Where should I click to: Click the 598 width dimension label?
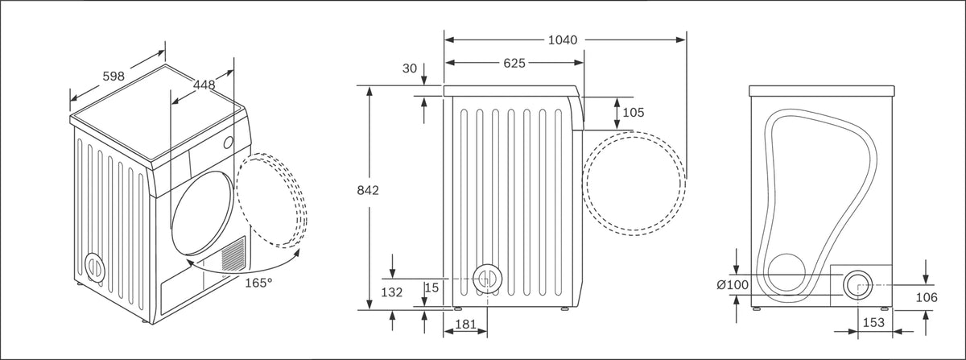[x=114, y=77]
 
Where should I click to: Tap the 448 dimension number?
[x=204, y=85]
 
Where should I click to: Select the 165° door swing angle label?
[x=258, y=283]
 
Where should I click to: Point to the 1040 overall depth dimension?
[x=563, y=40]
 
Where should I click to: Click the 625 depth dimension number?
[x=514, y=64]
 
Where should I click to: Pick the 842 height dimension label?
[x=368, y=190]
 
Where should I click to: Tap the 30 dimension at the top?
[x=410, y=68]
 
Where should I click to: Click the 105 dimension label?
[x=634, y=113]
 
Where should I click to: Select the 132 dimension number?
[x=392, y=292]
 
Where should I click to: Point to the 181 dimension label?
[x=466, y=324]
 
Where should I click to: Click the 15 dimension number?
[x=431, y=288]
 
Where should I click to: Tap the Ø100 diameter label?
[x=733, y=285]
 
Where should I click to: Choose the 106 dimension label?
[x=927, y=297]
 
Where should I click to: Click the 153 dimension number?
[x=873, y=322]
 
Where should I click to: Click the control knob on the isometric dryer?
[x=228, y=143]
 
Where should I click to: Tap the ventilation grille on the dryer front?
[x=233, y=254]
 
